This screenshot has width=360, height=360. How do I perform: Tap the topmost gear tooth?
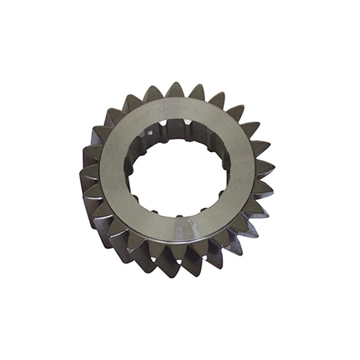(175, 89)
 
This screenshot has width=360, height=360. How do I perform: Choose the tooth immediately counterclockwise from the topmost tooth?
(153, 94)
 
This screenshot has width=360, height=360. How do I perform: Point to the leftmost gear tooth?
(85, 173)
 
